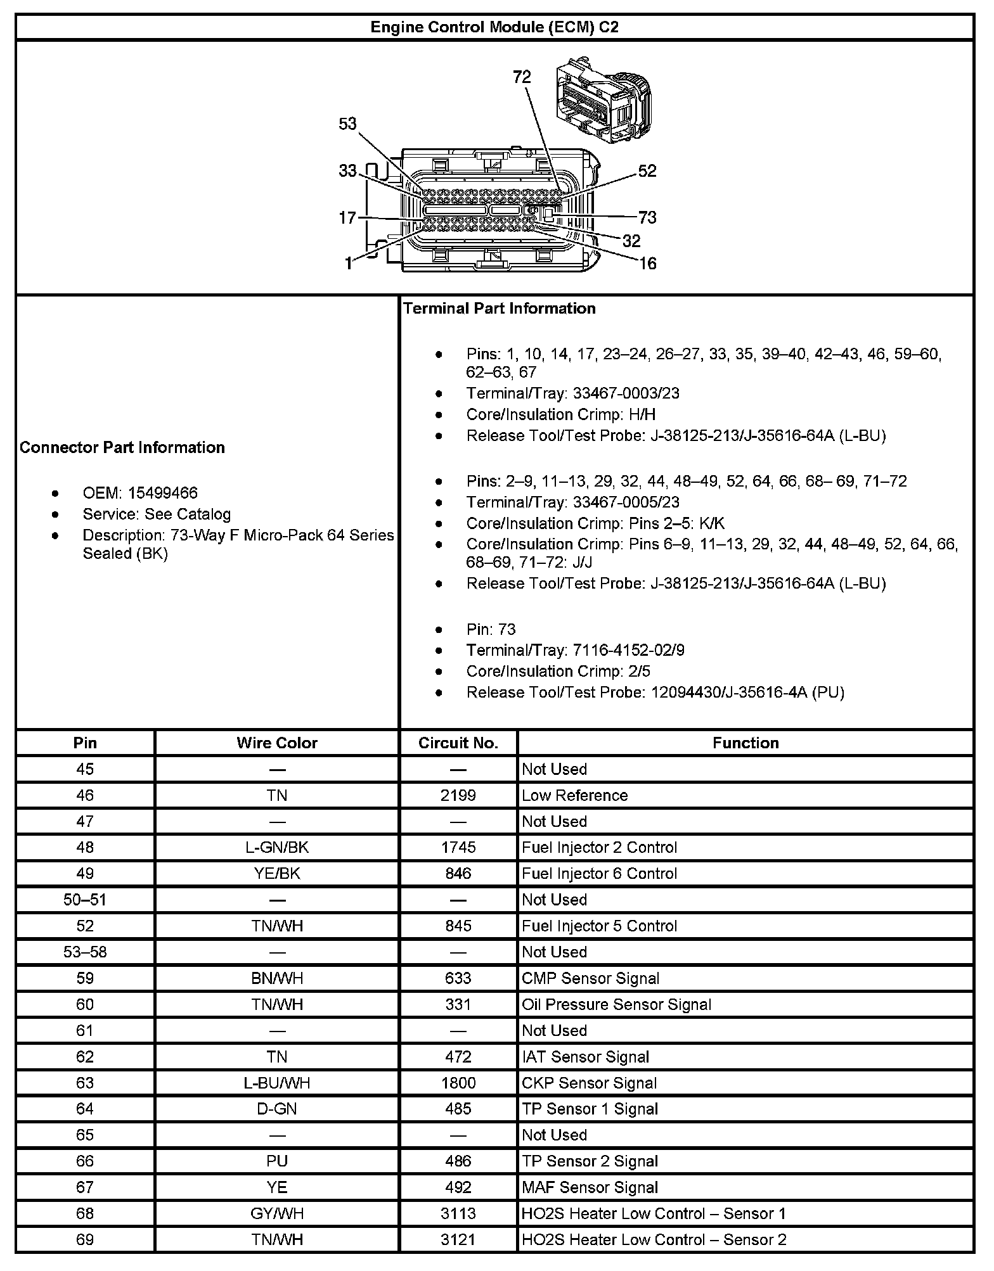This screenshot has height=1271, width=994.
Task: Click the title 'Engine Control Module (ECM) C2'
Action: (x=494, y=27)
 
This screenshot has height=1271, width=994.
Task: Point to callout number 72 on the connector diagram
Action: (x=522, y=77)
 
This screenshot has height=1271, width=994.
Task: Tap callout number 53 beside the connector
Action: (x=347, y=124)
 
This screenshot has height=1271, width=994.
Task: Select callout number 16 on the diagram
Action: (x=647, y=264)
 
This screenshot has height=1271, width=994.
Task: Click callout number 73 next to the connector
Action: (x=647, y=218)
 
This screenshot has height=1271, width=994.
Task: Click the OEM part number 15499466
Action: (x=162, y=493)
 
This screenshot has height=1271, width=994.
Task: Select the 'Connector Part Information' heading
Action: (x=122, y=447)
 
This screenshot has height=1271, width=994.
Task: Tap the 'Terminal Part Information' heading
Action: (x=500, y=309)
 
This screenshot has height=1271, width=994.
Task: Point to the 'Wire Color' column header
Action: (x=277, y=743)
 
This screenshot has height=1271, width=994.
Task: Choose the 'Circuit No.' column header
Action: (x=458, y=743)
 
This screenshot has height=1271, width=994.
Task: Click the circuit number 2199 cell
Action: (x=458, y=795)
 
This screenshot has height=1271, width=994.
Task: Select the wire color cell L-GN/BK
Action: (x=277, y=847)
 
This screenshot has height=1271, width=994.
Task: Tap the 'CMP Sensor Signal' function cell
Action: (x=590, y=978)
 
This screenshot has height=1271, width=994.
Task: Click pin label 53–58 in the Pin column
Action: (x=85, y=952)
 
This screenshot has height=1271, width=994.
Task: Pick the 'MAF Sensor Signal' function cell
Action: (x=590, y=1187)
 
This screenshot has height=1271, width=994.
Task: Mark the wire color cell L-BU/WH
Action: (x=277, y=1083)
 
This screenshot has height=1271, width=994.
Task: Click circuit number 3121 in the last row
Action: (x=458, y=1239)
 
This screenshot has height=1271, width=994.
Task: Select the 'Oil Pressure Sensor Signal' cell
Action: (x=616, y=1004)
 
